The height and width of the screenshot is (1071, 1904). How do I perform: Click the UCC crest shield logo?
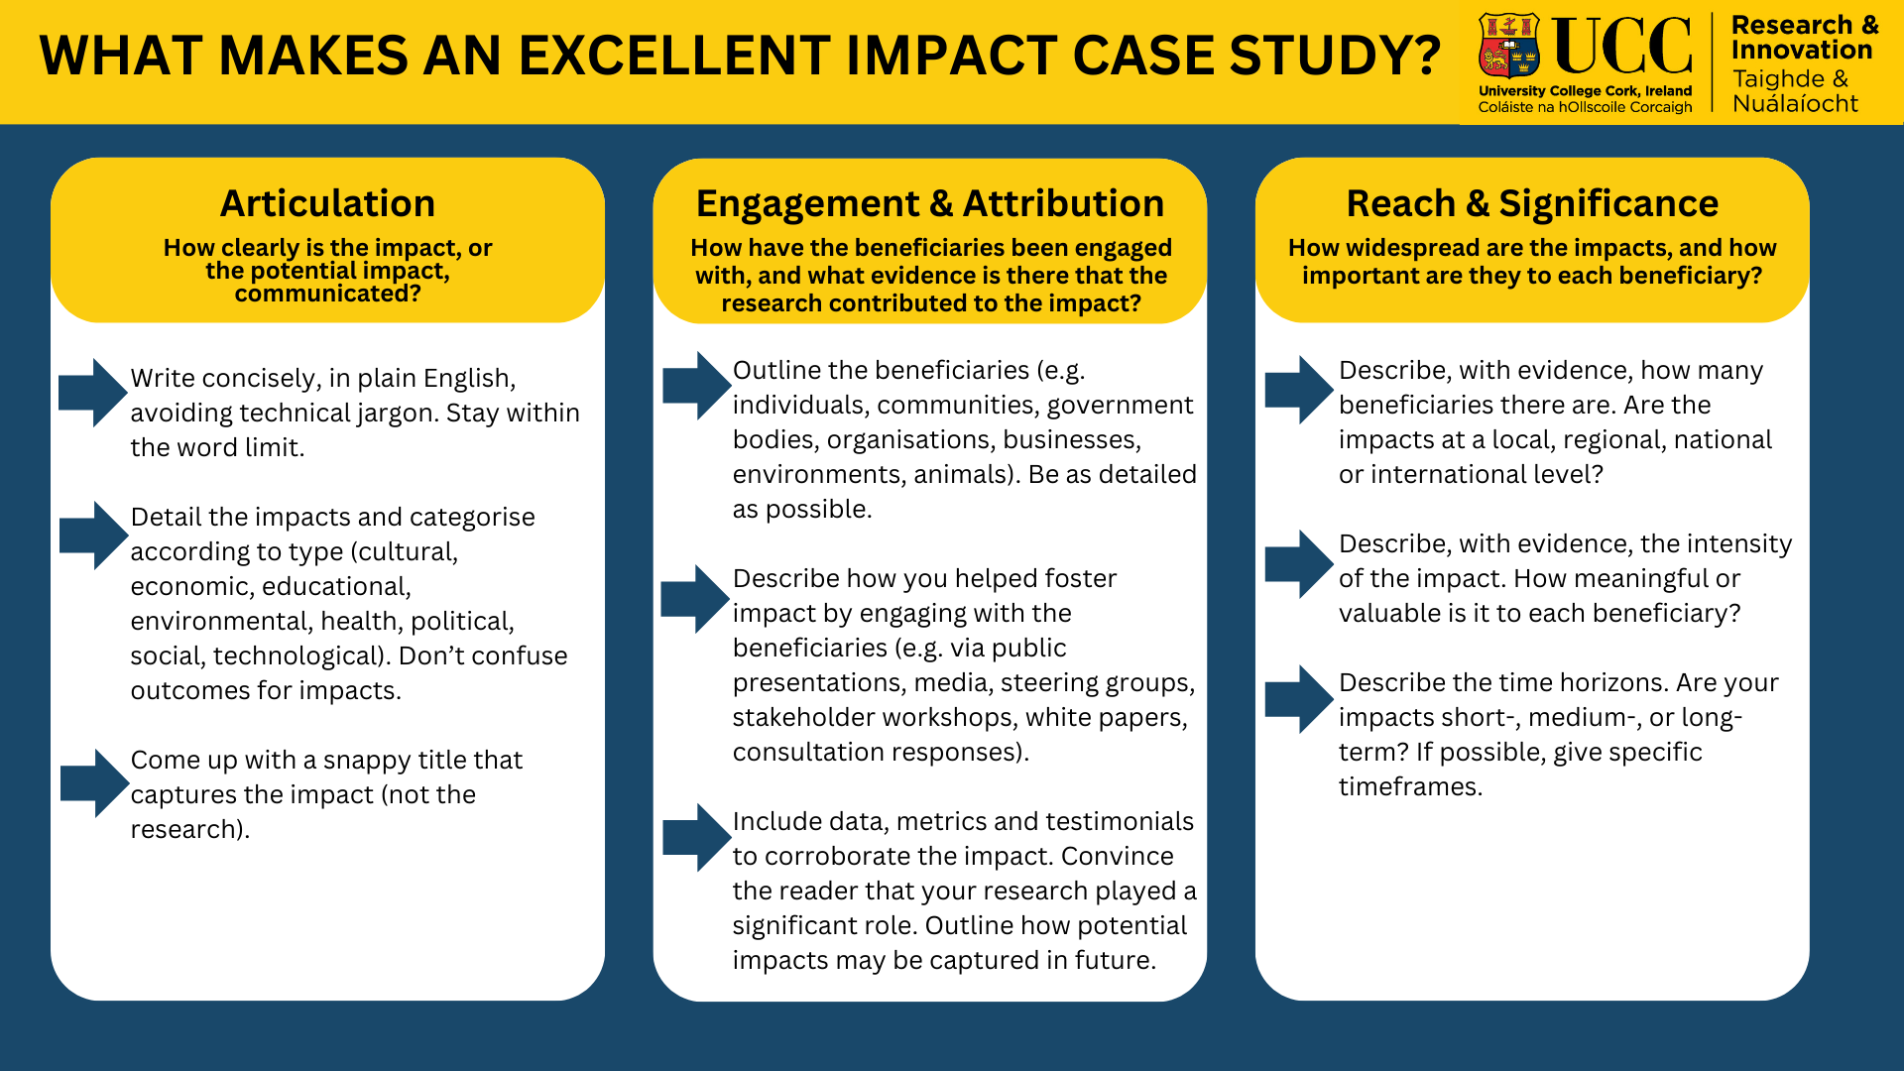click(1508, 46)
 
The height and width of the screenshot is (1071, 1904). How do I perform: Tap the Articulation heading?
click(327, 203)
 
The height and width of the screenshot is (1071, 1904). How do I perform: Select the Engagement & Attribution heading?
click(929, 203)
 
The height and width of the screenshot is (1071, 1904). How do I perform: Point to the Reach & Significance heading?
click(1531, 203)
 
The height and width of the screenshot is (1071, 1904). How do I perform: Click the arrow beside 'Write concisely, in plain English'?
click(93, 393)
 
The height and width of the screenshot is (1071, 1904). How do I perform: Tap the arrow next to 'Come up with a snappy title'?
click(94, 783)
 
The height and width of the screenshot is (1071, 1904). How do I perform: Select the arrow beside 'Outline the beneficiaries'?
click(696, 385)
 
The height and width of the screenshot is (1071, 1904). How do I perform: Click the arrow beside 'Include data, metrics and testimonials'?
click(696, 837)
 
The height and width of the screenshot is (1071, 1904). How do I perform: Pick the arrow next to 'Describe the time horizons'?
click(1298, 699)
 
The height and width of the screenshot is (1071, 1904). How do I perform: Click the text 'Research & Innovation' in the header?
click(1803, 38)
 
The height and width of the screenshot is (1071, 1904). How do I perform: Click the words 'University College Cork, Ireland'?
click(1585, 90)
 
